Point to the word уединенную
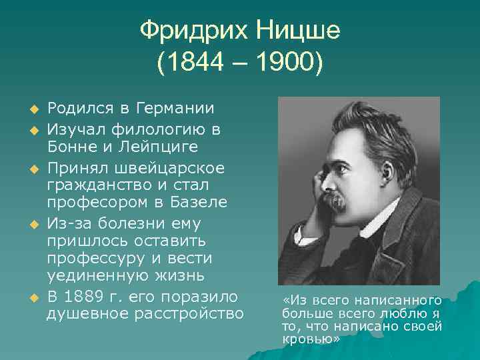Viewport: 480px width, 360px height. click(87, 275)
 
